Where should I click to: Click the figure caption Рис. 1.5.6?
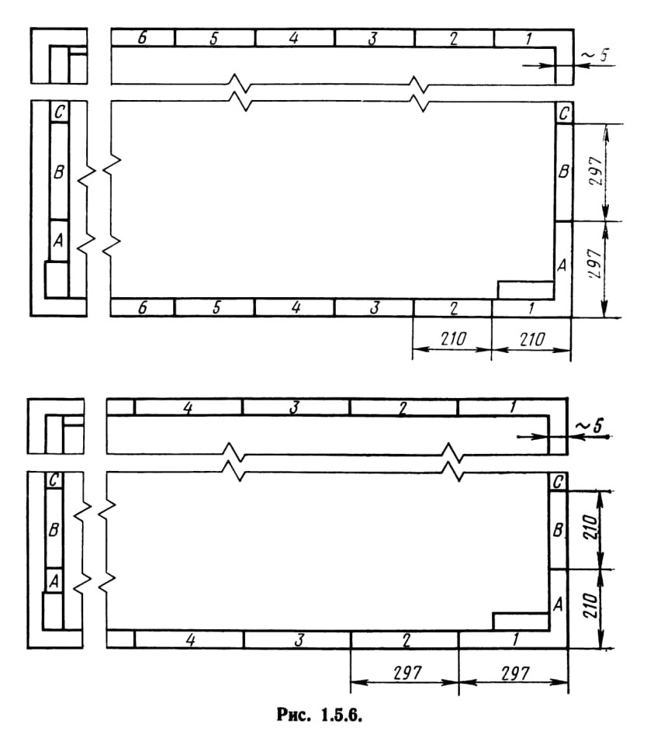click(x=319, y=715)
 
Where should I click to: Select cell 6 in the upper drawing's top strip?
click(x=143, y=38)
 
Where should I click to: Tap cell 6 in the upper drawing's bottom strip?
click(x=142, y=307)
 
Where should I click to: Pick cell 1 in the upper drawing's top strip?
click(x=525, y=38)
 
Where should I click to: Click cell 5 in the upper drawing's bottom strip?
click(x=215, y=307)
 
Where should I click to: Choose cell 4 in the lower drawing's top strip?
click(x=188, y=407)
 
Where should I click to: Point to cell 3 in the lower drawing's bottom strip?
click(x=298, y=639)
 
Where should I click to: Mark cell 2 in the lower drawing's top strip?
click(x=403, y=407)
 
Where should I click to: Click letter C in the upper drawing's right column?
click(x=564, y=113)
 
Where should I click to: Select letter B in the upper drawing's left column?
click(x=59, y=171)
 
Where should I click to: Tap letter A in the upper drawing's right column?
click(x=562, y=265)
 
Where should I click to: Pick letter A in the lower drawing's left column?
click(x=54, y=580)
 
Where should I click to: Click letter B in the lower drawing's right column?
click(x=558, y=530)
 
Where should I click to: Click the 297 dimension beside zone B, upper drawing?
click(x=597, y=171)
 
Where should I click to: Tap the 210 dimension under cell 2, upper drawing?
click(x=452, y=339)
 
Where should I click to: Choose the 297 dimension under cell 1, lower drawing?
click(x=515, y=673)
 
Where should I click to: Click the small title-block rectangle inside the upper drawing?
click(x=525, y=290)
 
